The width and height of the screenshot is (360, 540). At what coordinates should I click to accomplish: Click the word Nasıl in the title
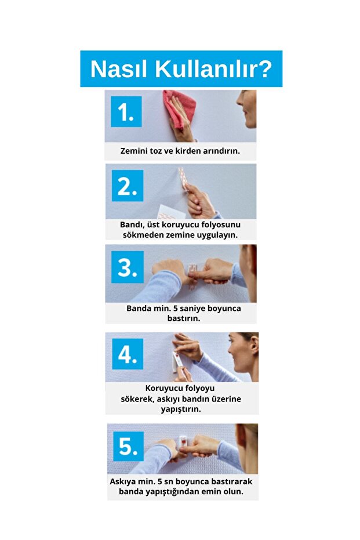pyautogui.click(x=119, y=69)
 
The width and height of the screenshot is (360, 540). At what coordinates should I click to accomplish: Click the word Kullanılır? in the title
pyautogui.click(x=214, y=69)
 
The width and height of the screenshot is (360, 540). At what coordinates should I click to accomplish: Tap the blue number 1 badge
pyautogui.click(x=126, y=111)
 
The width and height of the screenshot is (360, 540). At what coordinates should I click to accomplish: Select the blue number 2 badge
pyautogui.click(x=128, y=186)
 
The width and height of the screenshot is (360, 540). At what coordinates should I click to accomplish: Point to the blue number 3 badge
pyautogui.click(x=128, y=267)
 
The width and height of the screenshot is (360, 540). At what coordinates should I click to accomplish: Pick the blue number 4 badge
pyautogui.click(x=128, y=354)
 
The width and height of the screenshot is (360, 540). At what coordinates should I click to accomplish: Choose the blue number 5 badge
pyautogui.click(x=128, y=445)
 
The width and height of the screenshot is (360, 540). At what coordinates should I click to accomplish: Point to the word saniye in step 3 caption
pyautogui.click(x=192, y=309)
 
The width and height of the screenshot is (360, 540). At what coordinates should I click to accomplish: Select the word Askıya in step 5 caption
pyautogui.click(x=122, y=481)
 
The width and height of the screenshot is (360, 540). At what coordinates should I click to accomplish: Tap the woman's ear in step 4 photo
pyautogui.click(x=254, y=345)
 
